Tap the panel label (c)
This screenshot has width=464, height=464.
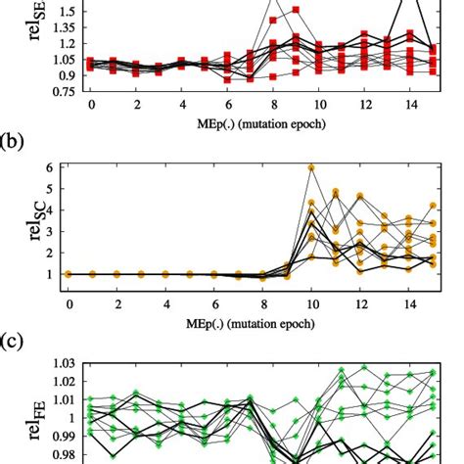(x=12, y=343)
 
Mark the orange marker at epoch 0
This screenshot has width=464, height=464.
(x=69, y=274)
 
